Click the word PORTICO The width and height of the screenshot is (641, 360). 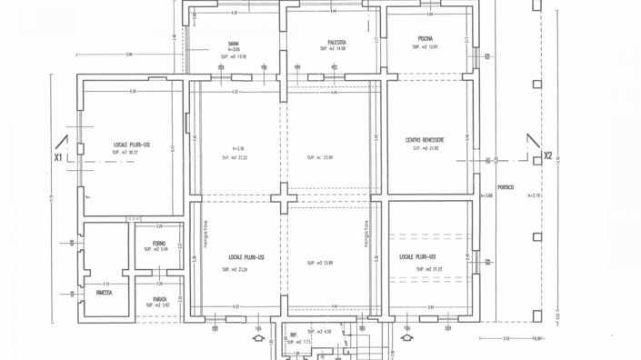[x=506, y=187]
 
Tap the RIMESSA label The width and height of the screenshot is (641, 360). [x=107, y=294]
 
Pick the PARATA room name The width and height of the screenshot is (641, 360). [x=159, y=298]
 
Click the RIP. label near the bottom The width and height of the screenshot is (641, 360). [x=294, y=335]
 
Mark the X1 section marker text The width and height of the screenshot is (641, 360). [x=58, y=156]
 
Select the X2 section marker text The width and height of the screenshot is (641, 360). [x=548, y=155]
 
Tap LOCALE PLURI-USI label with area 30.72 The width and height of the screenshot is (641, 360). [x=132, y=145]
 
